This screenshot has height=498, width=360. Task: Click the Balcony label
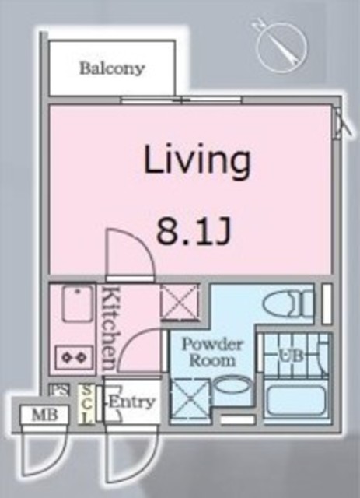[x=112, y=68]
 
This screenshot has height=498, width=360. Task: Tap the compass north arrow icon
[x=279, y=44]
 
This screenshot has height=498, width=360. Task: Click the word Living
[x=197, y=161]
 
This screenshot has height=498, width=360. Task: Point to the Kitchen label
[x=110, y=328]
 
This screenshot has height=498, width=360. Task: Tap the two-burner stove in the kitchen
[x=72, y=357]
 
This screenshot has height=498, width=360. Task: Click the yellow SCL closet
[x=88, y=404]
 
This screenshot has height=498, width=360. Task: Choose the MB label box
[x=39, y=415]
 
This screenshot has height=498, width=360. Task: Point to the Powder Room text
[x=212, y=352]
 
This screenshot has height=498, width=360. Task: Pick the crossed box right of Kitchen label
[x=179, y=302]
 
